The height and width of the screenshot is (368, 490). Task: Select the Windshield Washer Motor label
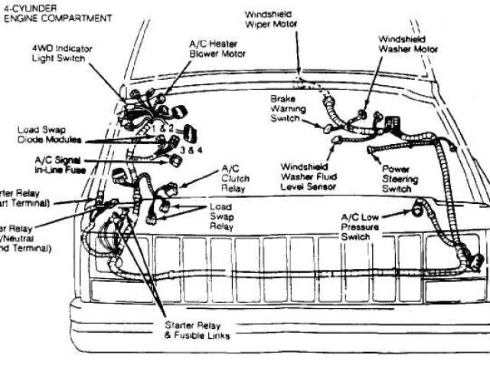408,44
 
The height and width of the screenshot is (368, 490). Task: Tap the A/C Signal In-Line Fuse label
60,164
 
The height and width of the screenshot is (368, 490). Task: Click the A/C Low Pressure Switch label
363,227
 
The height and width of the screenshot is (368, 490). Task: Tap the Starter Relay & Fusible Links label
198,330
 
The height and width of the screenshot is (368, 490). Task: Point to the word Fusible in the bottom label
196,335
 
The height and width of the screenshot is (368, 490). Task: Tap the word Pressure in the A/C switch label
364,227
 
